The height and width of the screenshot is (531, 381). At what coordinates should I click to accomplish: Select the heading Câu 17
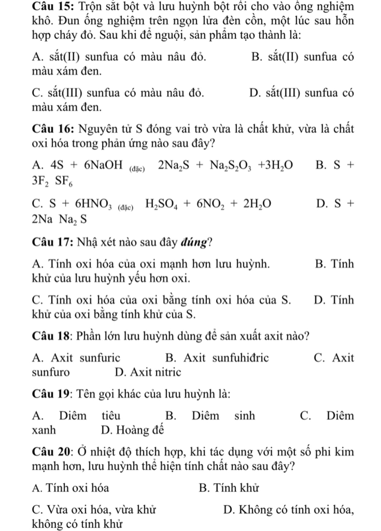coord(52,242)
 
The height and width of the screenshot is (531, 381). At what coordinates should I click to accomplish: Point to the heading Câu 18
coord(52,336)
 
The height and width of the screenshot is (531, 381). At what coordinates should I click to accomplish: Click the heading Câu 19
coord(52,393)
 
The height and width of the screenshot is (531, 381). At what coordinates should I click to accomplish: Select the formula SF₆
coord(64,182)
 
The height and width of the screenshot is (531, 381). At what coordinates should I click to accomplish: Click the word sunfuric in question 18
coord(100,358)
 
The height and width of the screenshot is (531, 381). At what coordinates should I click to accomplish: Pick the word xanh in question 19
coord(44,430)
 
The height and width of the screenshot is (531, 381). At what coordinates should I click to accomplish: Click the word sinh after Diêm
coord(244,416)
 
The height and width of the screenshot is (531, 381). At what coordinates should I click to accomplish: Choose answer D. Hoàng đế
coord(132,430)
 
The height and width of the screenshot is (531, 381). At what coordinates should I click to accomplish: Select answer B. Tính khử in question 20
coord(229,488)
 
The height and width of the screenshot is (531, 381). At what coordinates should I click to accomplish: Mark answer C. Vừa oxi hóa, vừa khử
coord(94,509)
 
